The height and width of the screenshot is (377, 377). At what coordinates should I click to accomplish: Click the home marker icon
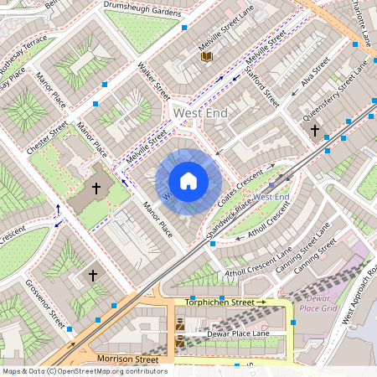click(x=188, y=181)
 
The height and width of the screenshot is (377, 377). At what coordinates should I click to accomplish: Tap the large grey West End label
click(x=199, y=111)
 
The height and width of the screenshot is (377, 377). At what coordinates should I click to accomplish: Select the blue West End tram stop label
click(x=271, y=196)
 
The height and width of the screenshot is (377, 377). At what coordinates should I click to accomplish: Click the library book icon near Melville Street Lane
click(x=207, y=56)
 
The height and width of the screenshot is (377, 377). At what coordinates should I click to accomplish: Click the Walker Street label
click(x=154, y=81)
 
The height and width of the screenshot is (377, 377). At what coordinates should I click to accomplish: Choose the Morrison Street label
click(x=127, y=359)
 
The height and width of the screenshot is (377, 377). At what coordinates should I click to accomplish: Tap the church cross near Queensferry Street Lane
click(x=315, y=131)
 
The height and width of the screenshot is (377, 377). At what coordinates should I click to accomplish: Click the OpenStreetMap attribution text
click(x=85, y=371)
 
